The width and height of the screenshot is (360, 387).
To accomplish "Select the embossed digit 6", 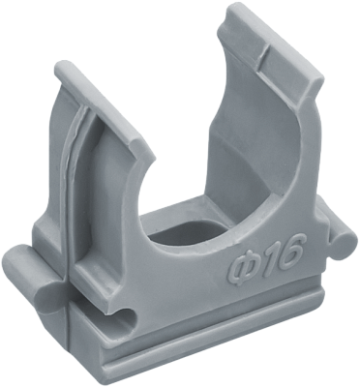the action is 288,249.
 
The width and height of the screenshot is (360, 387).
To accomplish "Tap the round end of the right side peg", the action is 344,245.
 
